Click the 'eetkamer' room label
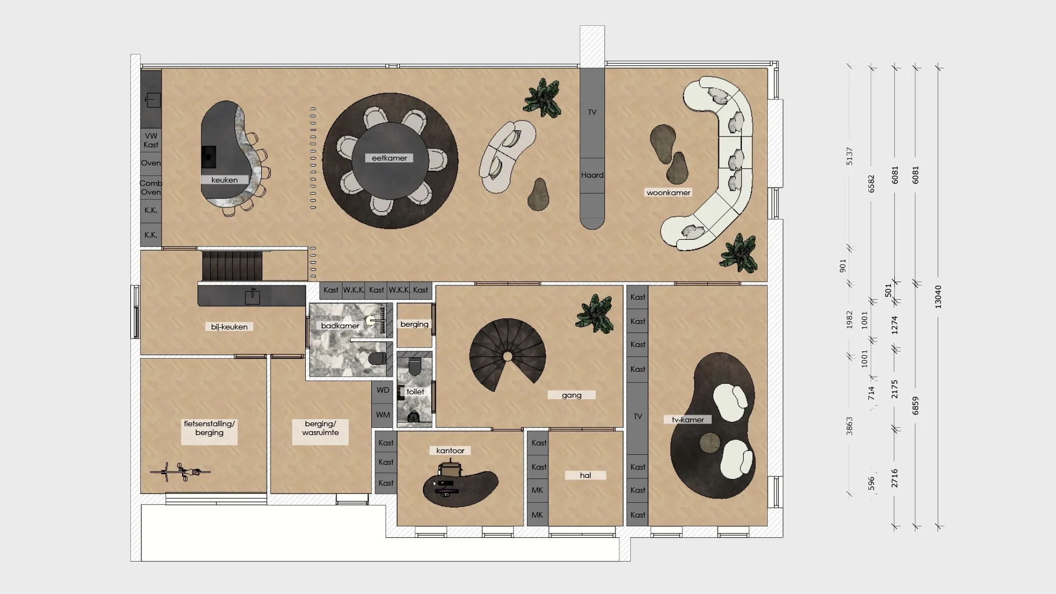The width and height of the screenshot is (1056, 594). [x=389, y=158]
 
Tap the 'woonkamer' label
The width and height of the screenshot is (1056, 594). [x=668, y=193]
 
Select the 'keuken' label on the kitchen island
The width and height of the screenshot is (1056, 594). [x=224, y=180]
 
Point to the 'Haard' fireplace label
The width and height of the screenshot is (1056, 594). [x=592, y=175]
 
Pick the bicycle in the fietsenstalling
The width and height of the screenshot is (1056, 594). [x=180, y=471]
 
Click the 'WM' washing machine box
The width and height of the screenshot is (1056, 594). [x=383, y=415]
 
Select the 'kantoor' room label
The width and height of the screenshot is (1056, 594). [x=450, y=450]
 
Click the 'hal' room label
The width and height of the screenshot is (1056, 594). [x=585, y=475]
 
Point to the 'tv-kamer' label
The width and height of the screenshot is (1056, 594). [x=687, y=420]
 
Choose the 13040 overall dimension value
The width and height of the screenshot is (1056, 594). [x=938, y=296]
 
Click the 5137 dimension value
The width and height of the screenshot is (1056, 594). [x=849, y=156]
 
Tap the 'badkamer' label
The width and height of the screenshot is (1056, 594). [x=340, y=326]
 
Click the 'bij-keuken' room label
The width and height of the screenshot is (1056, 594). [x=229, y=327]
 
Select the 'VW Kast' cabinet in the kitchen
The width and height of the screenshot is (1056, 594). [x=151, y=140]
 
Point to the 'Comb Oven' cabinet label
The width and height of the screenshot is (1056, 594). [x=151, y=188]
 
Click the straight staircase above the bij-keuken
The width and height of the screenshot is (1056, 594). [x=232, y=266]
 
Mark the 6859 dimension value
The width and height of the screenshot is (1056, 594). [x=916, y=406]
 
